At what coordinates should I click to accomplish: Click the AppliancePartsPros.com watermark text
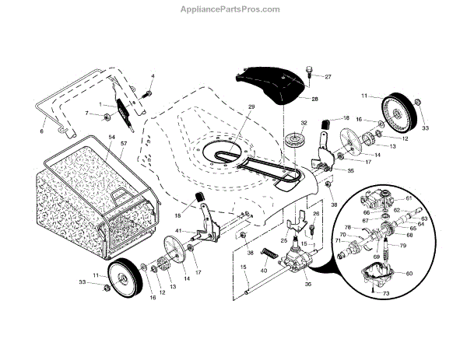tap(233, 9)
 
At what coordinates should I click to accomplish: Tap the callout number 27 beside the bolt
tap(328, 76)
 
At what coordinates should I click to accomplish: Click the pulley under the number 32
tap(296, 143)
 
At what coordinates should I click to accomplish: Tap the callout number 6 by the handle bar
tap(42, 131)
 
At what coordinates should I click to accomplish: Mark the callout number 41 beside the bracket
tap(179, 232)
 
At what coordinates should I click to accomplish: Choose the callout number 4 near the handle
tap(153, 75)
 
